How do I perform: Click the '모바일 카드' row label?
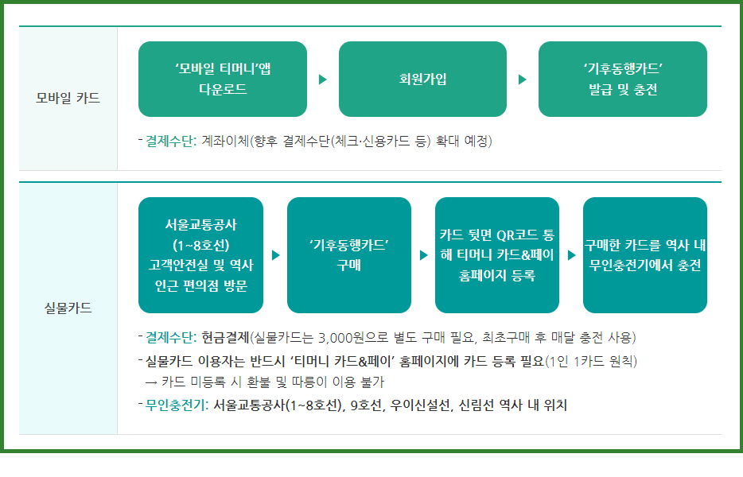68,99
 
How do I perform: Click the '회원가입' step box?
422,79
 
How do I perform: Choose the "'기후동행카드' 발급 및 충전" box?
622,79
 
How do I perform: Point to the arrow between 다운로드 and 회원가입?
322,79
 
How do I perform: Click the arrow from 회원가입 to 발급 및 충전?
522,79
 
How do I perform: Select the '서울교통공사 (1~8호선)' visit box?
200,255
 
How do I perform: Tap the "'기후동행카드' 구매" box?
348,255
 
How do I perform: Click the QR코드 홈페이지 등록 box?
496,255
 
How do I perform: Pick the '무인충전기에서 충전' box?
644,255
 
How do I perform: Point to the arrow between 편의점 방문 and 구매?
276,255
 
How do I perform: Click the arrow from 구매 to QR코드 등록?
424,255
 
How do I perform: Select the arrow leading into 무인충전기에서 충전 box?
571,255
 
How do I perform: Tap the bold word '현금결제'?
225,337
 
